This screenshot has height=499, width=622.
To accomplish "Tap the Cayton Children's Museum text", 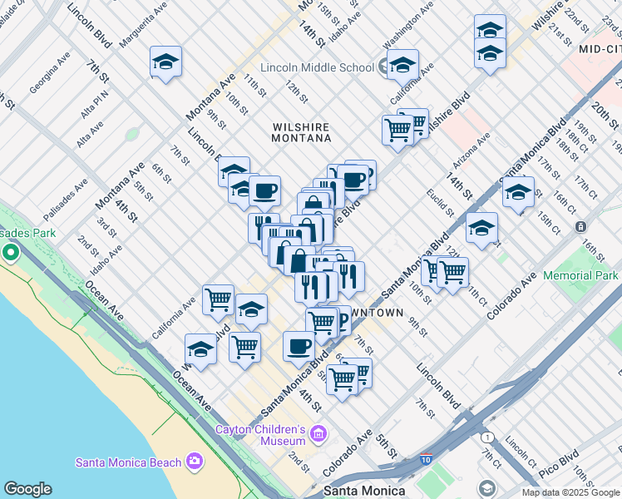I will point(261,435).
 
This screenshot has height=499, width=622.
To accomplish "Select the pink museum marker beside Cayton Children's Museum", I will point(318,433).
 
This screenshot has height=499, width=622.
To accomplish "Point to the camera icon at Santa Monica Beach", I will point(195,461).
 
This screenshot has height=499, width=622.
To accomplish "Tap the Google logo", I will point(27,489).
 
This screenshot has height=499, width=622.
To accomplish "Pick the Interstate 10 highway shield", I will point(426,458).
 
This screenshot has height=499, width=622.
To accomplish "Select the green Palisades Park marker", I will point(11,251).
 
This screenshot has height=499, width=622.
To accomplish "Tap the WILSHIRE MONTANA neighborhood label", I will point(301,135).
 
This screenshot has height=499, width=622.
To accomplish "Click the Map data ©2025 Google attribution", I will point(570,492).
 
